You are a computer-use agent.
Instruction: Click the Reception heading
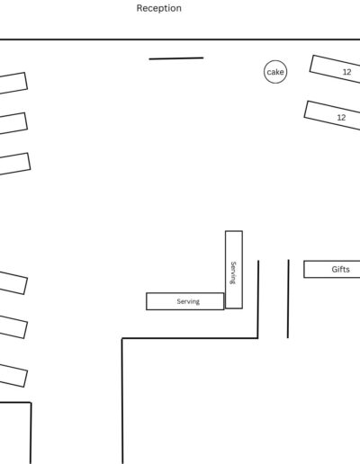coord(158,8)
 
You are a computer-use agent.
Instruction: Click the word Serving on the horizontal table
coord(188,301)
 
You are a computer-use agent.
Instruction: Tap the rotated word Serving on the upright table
coord(233,272)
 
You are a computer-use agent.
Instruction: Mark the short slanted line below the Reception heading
coord(176,58)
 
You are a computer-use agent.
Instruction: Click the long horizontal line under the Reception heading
coord(180,39)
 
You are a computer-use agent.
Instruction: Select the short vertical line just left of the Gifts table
coord(288,299)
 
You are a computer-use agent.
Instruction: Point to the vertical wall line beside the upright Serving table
coord(258,299)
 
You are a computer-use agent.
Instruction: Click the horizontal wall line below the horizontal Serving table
coord(190,338)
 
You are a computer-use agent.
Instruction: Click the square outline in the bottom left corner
coord(31,433)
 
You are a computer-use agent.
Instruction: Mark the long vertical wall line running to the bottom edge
coord(122,401)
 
